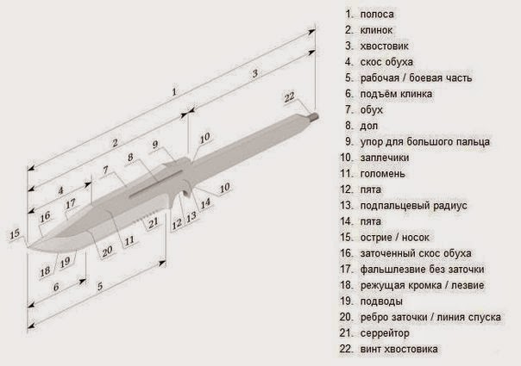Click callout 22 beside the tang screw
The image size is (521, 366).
click(x=289, y=96)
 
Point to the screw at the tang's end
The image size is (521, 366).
click(x=314, y=114)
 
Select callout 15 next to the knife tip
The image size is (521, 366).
click(x=13, y=233)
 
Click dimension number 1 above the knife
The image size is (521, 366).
click(x=174, y=90)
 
